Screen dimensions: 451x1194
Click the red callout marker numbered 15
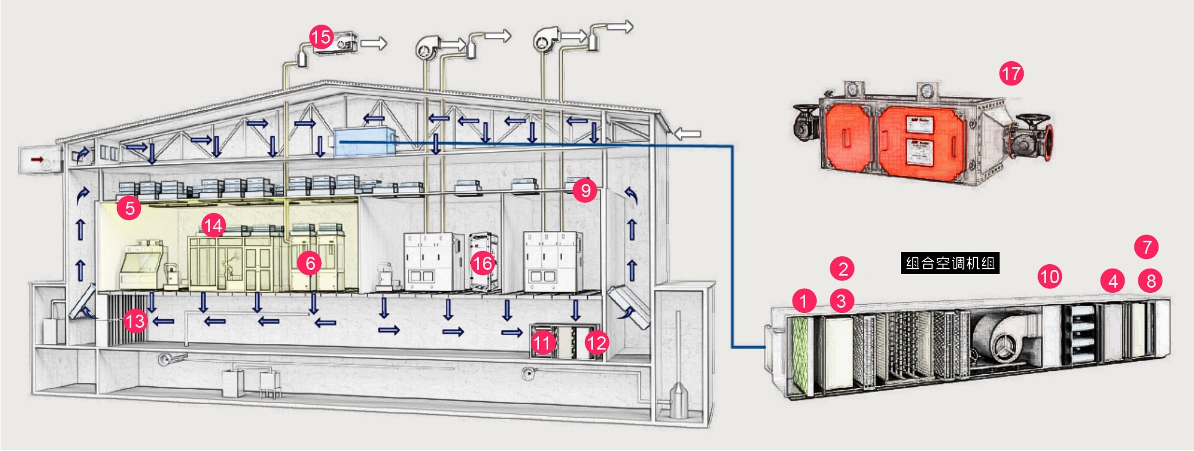tap(321, 37)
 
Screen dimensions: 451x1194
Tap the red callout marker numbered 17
tap(1011, 73)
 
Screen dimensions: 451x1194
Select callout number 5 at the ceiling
tap(129, 207)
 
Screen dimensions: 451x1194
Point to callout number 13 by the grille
tap(135, 321)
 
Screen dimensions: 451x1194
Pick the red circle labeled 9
tap(585, 190)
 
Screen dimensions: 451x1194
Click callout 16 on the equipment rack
tap(482, 263)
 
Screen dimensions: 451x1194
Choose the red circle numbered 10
tap(1049, 277)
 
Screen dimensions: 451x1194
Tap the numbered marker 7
tap(1146, 247)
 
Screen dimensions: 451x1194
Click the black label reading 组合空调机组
tap(950, 263)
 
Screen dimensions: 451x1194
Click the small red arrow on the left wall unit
tap(37, 159)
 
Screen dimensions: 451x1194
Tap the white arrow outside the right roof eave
tap(686, 134)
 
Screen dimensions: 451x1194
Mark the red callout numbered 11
tap(542, 343)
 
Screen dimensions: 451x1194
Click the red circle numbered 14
tap(213, 225)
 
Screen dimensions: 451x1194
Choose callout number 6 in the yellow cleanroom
tap(310, 263)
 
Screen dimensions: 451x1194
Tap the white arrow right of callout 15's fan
tap(374, 43)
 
